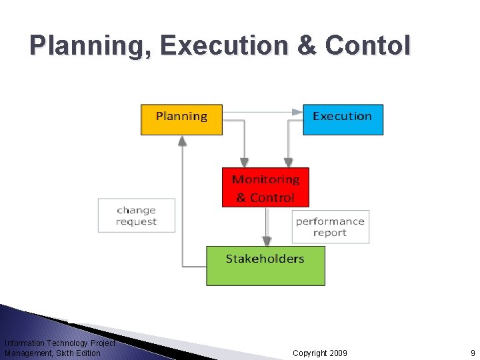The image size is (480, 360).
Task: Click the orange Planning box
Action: tap(181, 120)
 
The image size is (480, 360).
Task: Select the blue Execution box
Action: tap(343, 120)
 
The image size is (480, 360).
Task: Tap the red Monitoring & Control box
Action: tap(265, 187)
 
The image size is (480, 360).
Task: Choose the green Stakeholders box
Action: tap(265, 266)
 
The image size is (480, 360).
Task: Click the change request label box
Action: tap(136, 215)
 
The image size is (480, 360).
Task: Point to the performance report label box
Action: tap(330, 227)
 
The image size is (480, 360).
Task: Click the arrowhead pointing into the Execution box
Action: tap(297, 112)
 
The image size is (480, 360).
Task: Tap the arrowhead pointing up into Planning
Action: tap(182, 141)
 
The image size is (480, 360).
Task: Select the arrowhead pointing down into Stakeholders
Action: tap(267, 241)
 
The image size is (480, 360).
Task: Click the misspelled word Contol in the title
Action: tap(368, 46)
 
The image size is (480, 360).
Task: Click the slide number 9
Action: tap(473, 353)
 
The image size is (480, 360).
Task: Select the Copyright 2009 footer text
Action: tap(319, 353)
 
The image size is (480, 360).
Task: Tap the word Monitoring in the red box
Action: tap(265, 179)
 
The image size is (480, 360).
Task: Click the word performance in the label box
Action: tap(330, 221)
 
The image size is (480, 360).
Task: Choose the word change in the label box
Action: tap(136, 210)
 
